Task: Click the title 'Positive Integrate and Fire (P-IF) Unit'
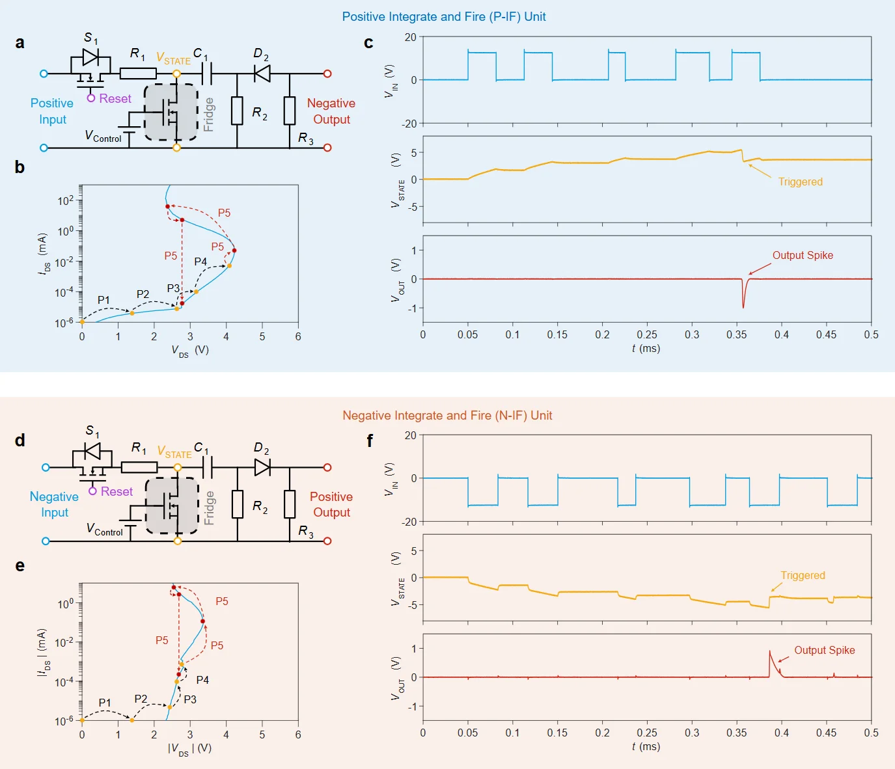(444, 16)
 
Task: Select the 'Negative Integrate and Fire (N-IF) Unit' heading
(447, 415)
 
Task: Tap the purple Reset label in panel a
(115, 98)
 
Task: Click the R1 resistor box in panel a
(138, 74)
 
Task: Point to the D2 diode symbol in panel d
(262, 467)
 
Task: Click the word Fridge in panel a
(209, 115)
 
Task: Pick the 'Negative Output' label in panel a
(331, 111)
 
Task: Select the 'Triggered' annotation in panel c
(800, 182)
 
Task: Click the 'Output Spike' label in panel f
(825, 650)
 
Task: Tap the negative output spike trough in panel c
(743, 307)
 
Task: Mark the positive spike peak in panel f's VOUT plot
(770, 651)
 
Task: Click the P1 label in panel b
(103, 300)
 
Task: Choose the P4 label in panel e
(202, 680)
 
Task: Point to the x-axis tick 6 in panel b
(298, 336)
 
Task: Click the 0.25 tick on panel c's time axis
(647, 334)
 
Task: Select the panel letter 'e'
(20, 565)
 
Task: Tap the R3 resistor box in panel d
(290, 504)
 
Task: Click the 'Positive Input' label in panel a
(52, 111)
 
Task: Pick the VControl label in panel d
(104, 529)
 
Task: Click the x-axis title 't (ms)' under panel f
(646, 746)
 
